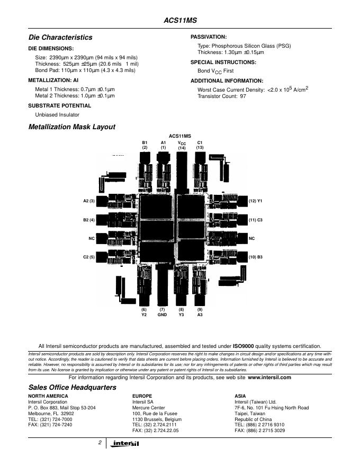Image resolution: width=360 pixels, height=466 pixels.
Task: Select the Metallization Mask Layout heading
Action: (x=71, y=127)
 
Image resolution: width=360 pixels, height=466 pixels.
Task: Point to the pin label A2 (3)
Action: (x=89, y=201)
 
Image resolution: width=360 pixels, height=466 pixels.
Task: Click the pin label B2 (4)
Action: (x=89, y=220)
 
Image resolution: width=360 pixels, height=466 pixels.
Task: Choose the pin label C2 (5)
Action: (x=89, y=257)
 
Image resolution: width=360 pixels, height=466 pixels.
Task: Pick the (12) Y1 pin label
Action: (x=256, y=201)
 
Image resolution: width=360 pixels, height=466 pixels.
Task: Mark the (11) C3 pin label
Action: (x=256, y=220)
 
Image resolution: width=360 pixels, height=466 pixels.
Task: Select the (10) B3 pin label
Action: (x=256, y=257)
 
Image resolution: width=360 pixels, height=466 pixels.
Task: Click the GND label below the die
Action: (x=162, y=315)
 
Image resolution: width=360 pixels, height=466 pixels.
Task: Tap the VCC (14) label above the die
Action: (x=182, y=145)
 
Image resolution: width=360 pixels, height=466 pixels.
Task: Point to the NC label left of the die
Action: (x=92, y=238)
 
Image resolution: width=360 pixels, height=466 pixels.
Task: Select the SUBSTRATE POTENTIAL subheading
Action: (x=59, y=105)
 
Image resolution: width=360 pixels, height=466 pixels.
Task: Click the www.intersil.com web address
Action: (x=269, y=378)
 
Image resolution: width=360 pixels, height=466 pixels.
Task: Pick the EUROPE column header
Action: (x=142, y=396)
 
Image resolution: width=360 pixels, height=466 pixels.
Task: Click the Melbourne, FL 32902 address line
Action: (x=51, y=414)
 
